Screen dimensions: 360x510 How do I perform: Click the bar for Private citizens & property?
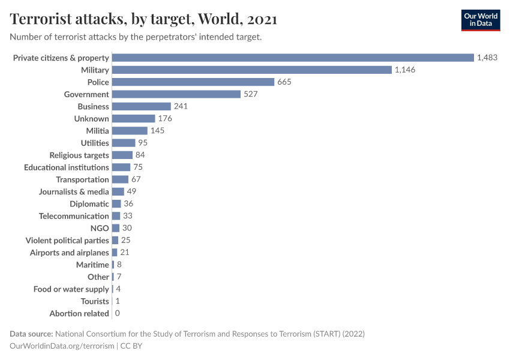tap(293, 58)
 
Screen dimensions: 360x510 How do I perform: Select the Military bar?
tap(252, 70)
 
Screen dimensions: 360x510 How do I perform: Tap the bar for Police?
tap(193, 82)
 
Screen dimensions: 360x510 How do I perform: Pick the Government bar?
tap(176, 94)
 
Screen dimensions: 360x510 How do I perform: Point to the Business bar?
tap(142, 106)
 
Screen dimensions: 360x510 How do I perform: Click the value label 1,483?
tap(487, 58)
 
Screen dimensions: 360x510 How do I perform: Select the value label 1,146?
tap(405, 70)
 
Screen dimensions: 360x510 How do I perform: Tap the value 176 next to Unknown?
tap(165, 119)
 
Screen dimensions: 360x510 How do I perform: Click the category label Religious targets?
tap(79, 155)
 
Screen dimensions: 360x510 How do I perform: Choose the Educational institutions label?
tap(67, 167)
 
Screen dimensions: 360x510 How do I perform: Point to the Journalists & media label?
tap(74, 192)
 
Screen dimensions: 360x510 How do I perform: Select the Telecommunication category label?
tap(74, 216)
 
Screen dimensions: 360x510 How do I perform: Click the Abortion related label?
tap(79, 313)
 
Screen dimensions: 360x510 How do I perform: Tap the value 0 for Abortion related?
tap(117, 313)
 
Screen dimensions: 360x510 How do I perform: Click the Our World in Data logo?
tap(480, 20)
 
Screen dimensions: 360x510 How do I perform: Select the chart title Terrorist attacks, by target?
tap(143, 19)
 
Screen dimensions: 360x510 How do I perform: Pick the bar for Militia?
tap(130, 131)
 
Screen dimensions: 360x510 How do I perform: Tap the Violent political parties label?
tap(67, 241)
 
